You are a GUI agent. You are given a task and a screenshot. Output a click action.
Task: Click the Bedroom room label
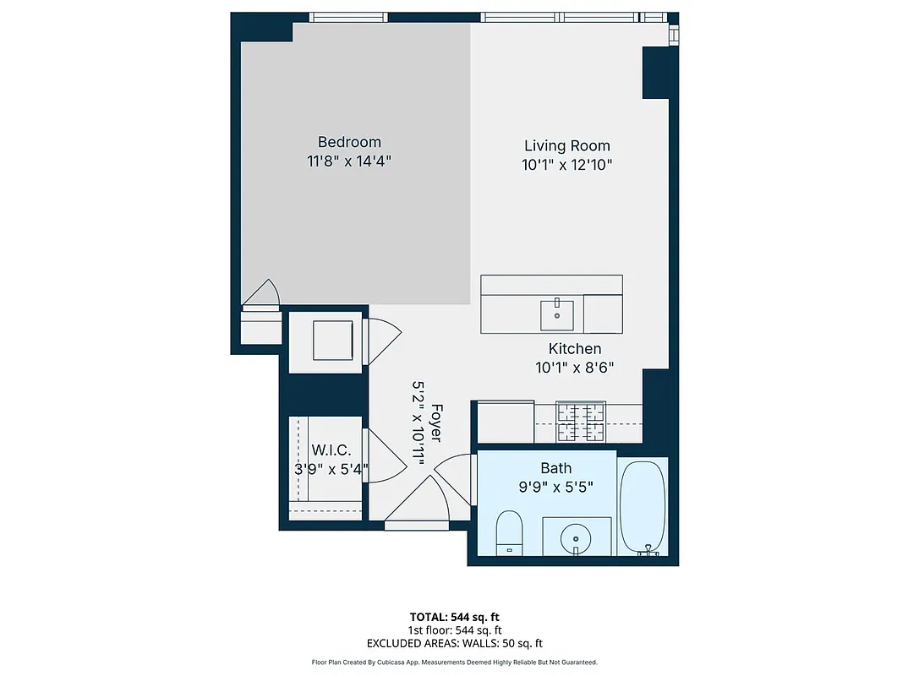[x=349, y=142]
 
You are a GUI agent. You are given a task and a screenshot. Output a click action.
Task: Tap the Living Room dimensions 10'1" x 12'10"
[x=566, y=166]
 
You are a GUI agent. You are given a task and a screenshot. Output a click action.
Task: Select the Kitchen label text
[x=575, y=349]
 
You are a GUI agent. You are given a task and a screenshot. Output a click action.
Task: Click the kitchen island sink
[x=558, y=314]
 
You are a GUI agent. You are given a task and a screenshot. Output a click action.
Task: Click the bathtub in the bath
[x=643, y=507]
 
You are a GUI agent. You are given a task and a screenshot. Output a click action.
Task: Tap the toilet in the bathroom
[x=510, y=532]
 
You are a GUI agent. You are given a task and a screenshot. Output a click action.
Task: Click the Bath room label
[x=555, y=468]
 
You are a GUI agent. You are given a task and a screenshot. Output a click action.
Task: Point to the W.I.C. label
[x=325, y=449]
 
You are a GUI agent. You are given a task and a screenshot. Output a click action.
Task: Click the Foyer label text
[x=436, y=422]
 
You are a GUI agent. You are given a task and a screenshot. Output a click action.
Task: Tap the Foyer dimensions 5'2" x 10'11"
[x=418, y=420]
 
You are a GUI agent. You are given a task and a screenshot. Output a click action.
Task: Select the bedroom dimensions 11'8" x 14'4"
[x=349, y=161]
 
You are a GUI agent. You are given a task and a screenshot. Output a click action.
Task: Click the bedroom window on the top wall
[x=348, y=17]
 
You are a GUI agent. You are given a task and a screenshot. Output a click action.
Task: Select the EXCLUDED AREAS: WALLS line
[x=454, y=643]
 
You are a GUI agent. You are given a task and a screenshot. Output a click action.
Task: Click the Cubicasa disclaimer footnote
[x=454, y=662]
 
